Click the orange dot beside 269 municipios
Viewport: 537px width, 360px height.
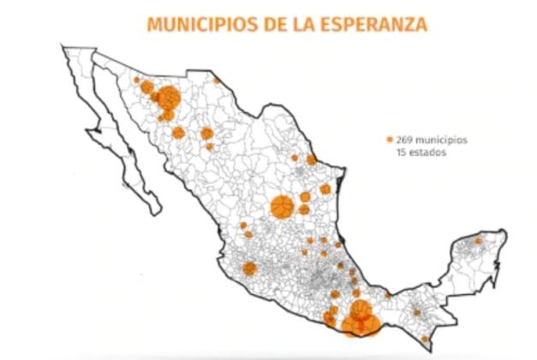[x=390, y=139]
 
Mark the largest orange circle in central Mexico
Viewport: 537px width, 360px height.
[x=282, y=207]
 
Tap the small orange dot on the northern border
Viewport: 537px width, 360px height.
[x=217, y=81]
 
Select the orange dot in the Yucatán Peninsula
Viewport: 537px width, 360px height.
[x=478, y=243]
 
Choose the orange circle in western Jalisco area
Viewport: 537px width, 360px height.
[x=249, y=267]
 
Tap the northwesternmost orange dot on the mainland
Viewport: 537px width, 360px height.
[x=136, y=81]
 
